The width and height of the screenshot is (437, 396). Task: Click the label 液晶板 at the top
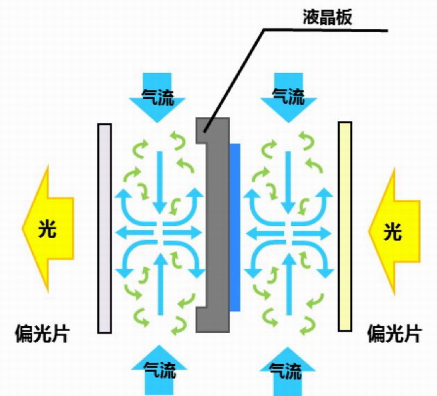point(327,17)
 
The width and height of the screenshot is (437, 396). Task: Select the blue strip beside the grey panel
point(235,227)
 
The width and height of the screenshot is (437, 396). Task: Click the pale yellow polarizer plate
point(345,227)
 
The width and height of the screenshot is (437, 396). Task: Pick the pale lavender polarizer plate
point(104,228)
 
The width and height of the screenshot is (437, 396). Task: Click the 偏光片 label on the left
point(42,333)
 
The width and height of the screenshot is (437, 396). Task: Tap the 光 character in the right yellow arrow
point(392,232)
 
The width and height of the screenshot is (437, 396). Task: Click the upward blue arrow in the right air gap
point(290,284)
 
